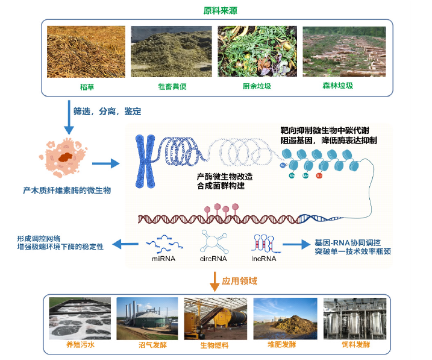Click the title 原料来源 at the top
(216, 10)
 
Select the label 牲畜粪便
(172, 86)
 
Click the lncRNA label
(264, 259)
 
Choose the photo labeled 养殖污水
(79, 319)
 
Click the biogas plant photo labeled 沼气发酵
(146, 319)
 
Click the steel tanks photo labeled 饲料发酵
(351, 319)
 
